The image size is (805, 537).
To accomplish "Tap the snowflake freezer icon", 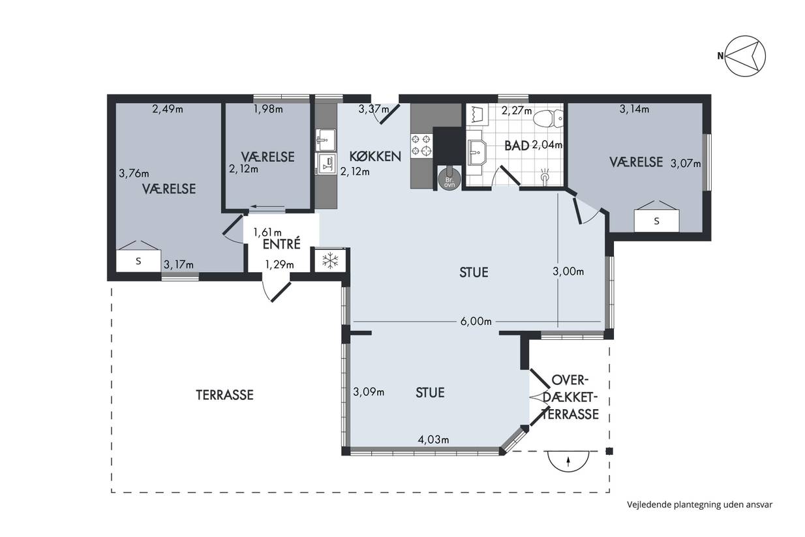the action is tap(330, 260).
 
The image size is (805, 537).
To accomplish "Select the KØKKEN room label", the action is tap(375, 157).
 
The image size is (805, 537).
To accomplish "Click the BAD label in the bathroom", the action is tap(517, 146).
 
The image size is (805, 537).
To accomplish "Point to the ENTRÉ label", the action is tap(281, 245).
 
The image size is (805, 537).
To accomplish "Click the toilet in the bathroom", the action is tap(548, 118).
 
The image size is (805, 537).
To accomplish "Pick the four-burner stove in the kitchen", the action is tap(421, 145).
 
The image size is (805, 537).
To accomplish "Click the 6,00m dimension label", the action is tap(476, 321).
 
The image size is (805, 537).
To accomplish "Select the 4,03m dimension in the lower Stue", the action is tap(433, 439).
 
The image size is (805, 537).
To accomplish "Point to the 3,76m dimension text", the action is tap(134, 174).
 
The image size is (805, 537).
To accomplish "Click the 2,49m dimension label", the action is tap(168, 109).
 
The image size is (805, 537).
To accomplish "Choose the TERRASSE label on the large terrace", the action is tap(224, 395).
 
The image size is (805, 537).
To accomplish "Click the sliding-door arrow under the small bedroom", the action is tap(267, 206).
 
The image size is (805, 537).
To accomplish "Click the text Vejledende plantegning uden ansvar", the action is tap(700, 504).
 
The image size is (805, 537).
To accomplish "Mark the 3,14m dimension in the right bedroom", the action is tap(634, 109).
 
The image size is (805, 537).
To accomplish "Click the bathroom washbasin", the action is tap(477, 153).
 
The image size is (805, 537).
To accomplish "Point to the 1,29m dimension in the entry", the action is tap(279, 265).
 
